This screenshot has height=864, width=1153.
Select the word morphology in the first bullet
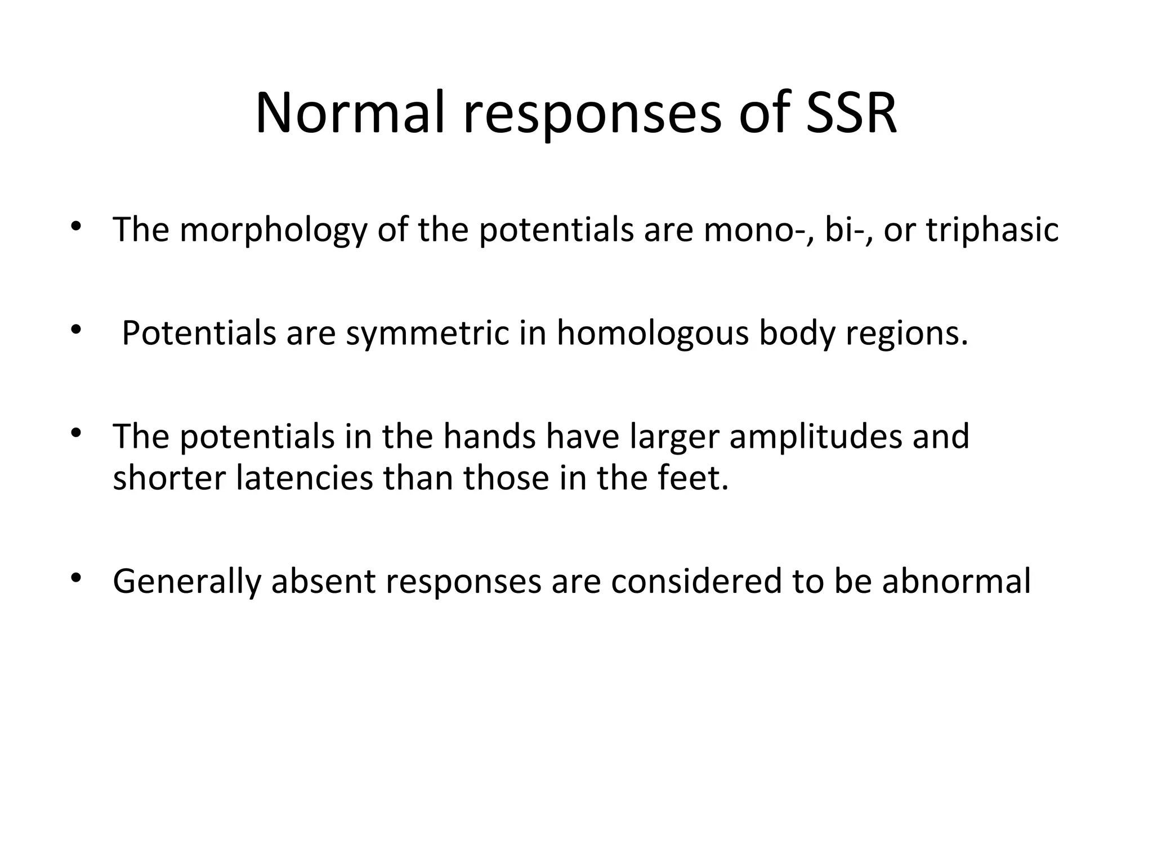pyautogui.click(x=272, y=231)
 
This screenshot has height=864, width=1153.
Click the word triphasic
pyautogui.click(x=992, y=231)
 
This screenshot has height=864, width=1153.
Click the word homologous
pyautogui.click(x=653, y=333)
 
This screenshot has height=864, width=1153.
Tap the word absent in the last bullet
pyautogui.click(x=323, y=582)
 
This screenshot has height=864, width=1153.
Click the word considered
pyautogui.click(x=696, y=582)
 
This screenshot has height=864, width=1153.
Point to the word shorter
pyautogui.click(x=169, y=478)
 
